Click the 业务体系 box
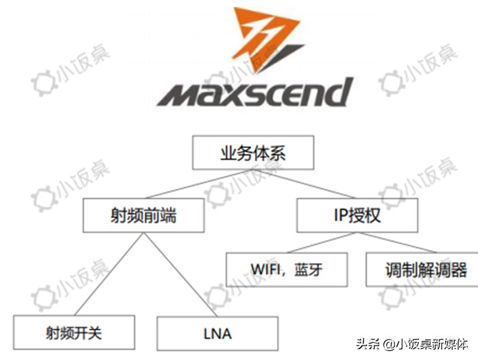click(252, 153)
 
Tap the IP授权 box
click(357, 215)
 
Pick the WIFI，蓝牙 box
click(287, 269)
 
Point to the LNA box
click(217, 334)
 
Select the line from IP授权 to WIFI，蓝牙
click(321, 243)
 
